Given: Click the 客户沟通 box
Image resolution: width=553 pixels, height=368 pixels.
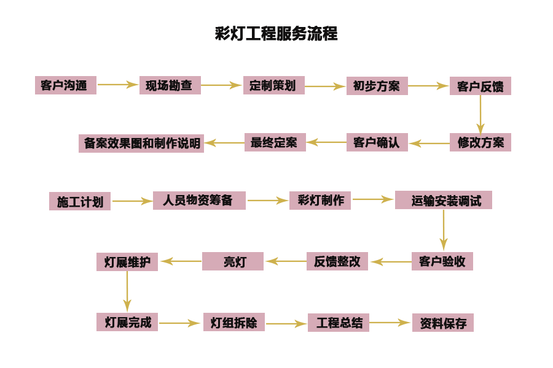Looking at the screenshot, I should [x=66, y=85].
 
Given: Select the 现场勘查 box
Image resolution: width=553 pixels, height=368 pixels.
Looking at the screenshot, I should [x=170, y=85].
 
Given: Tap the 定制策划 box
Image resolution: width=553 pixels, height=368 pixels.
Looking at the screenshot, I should [x=273, y=85].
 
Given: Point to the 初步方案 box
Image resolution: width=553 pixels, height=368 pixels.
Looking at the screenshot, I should [x=377, y=86].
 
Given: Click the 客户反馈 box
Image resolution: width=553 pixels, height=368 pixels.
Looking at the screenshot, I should [x=480, y=86].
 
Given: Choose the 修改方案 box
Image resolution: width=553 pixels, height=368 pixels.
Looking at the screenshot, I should [x=480, y=142].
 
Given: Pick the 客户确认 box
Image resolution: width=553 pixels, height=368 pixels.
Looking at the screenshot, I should [x=377, y=142].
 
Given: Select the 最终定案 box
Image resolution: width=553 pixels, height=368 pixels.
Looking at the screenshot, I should [x=275, y=142].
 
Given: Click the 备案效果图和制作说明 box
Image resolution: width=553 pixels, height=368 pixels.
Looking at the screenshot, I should [x=141, y=144].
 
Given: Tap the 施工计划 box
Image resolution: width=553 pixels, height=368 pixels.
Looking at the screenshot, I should [x=80, y=201].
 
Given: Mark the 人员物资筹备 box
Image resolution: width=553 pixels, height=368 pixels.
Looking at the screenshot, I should [x=199, y=201].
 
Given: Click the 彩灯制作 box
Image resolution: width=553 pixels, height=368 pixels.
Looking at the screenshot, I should [x=320, y=201].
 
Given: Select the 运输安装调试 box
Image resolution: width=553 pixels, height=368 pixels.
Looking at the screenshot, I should [x=443, y=200].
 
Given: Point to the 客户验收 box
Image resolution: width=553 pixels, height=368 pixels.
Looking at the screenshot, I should [x=442, y=261].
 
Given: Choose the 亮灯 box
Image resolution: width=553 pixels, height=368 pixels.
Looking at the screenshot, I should [x=233, y=261].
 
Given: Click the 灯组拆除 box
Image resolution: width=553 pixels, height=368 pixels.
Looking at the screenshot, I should [x=233, y=322].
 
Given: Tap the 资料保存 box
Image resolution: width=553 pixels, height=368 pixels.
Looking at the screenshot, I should [x=442, y=323].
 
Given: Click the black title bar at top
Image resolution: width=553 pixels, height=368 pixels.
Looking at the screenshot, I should [x=276, y=33].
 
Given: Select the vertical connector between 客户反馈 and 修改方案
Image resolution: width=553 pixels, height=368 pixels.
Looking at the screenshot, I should [x=480, y=114].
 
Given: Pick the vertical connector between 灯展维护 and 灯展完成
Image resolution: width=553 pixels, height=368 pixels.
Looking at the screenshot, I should [x=127, y=292].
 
